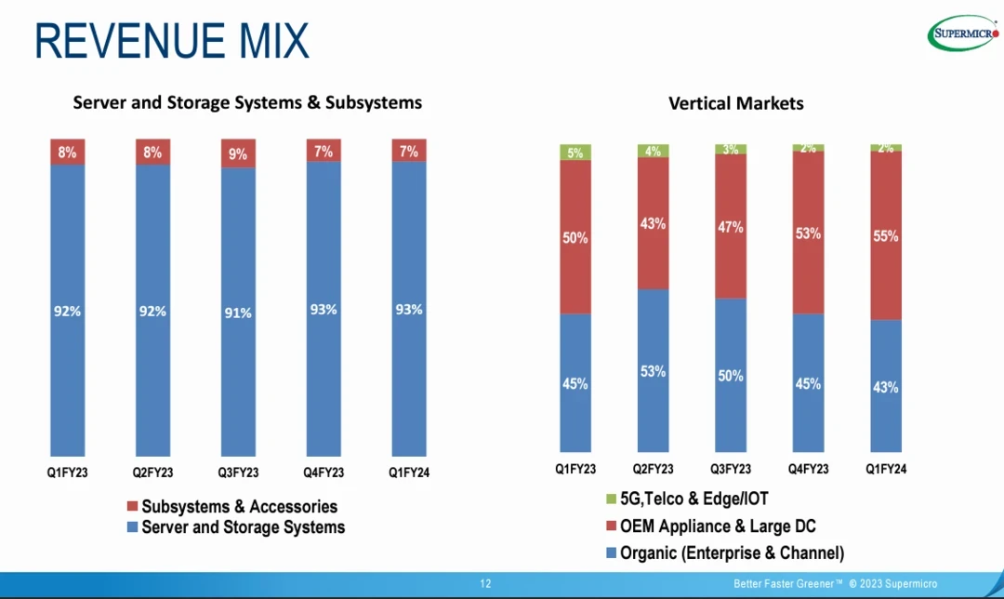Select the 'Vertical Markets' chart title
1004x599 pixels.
[735, 103]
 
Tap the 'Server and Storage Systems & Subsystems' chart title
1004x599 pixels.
[247, 102]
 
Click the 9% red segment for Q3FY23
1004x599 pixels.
[238, 153]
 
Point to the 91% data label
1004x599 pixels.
[238, 313]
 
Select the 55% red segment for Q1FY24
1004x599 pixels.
[886, 235]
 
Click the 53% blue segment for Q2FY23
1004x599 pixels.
[654, 370]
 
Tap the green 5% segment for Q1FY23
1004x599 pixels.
[575, 153]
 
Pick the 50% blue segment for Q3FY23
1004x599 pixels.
[731, 375]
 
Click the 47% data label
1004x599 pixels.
[731, 227]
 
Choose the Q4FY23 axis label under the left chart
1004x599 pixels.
[324, 473]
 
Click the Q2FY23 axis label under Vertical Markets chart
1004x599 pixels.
[654, 470]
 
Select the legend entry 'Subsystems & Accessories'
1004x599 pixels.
[239, 507]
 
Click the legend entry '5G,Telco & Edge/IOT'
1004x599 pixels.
[694, 499]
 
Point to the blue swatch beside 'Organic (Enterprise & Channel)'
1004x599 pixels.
[611, 553]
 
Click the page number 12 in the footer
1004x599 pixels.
[485, 584]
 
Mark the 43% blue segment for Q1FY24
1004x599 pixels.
[886, 387]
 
